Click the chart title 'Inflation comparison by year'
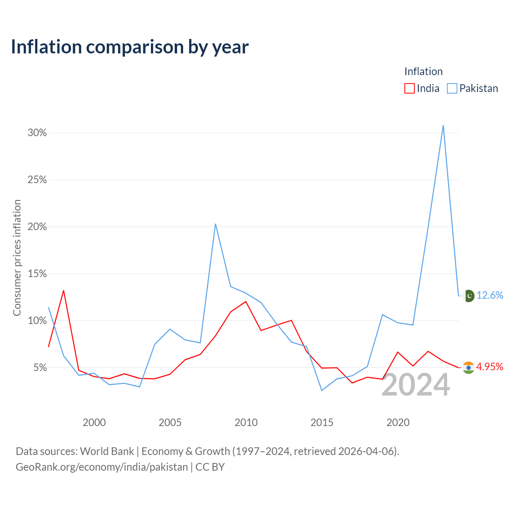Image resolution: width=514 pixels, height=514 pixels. point(130,47)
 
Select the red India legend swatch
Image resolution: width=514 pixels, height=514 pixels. point(409,88)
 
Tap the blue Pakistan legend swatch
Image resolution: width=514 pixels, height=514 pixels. point(452,88)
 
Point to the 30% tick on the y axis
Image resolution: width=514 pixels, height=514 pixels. point(37,133)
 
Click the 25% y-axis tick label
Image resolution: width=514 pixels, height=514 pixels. point(37,179)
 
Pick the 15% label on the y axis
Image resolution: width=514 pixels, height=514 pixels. point(37,273)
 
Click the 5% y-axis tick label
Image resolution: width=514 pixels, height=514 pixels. point(40,367)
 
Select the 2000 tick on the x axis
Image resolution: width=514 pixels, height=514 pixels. point(94,422)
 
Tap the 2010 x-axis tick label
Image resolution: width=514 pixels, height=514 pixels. point(246,422)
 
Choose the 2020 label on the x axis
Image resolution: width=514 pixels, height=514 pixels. point(398,422)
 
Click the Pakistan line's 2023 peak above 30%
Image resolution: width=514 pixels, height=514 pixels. point(443,125)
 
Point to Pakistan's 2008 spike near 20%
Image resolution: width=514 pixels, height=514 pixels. point(215,224)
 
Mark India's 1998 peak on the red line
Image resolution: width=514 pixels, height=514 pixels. point(63,290)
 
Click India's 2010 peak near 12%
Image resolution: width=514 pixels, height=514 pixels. point(246,302)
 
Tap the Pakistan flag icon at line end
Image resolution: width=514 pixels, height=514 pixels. point(469,296)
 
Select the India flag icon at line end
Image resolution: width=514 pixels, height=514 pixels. point(468,367)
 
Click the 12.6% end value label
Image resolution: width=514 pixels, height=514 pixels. point(490,295)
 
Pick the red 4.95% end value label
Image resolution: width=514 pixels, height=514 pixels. point(490,367)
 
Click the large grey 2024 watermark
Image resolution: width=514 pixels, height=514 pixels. point(416,385)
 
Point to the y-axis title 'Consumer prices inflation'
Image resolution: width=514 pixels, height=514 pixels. point(17,258)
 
